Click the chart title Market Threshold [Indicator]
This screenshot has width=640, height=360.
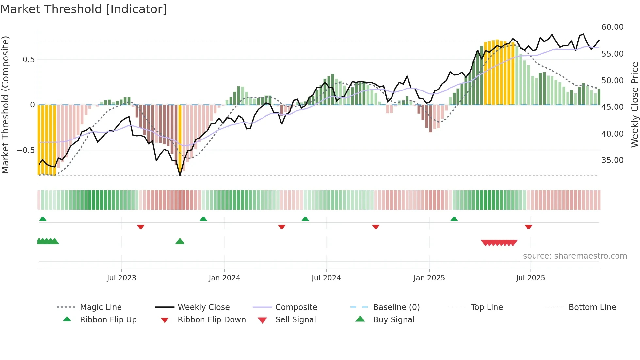(84, 9)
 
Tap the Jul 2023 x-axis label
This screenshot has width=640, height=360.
(121, 278)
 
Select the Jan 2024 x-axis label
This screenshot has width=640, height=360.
(224, 278)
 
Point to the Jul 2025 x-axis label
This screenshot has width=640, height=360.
(530, 278)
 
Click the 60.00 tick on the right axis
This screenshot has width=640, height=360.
(612, 27)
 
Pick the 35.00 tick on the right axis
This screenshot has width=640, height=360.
(612, 160)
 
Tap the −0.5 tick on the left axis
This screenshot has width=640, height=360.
(25, 150)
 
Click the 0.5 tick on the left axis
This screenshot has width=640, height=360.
(28, 60)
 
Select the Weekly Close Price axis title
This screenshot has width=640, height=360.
(634, 105)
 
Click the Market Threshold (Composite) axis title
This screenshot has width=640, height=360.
(5, 105)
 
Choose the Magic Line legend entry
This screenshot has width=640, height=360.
(101, 307)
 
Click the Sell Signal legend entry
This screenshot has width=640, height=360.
(296, 320)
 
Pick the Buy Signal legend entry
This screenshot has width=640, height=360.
(393, 320)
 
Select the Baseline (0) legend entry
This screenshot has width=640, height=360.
(396, 307)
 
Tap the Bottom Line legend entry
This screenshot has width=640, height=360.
(592, 307)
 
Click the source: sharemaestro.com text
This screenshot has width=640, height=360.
(575, 256)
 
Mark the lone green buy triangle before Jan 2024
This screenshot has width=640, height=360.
(180, 242)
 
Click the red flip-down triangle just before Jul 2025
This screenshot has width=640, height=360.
(528, 227)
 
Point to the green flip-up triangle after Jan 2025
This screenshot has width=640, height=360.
(454, 219)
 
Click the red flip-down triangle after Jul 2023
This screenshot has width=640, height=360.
(141, 227)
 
